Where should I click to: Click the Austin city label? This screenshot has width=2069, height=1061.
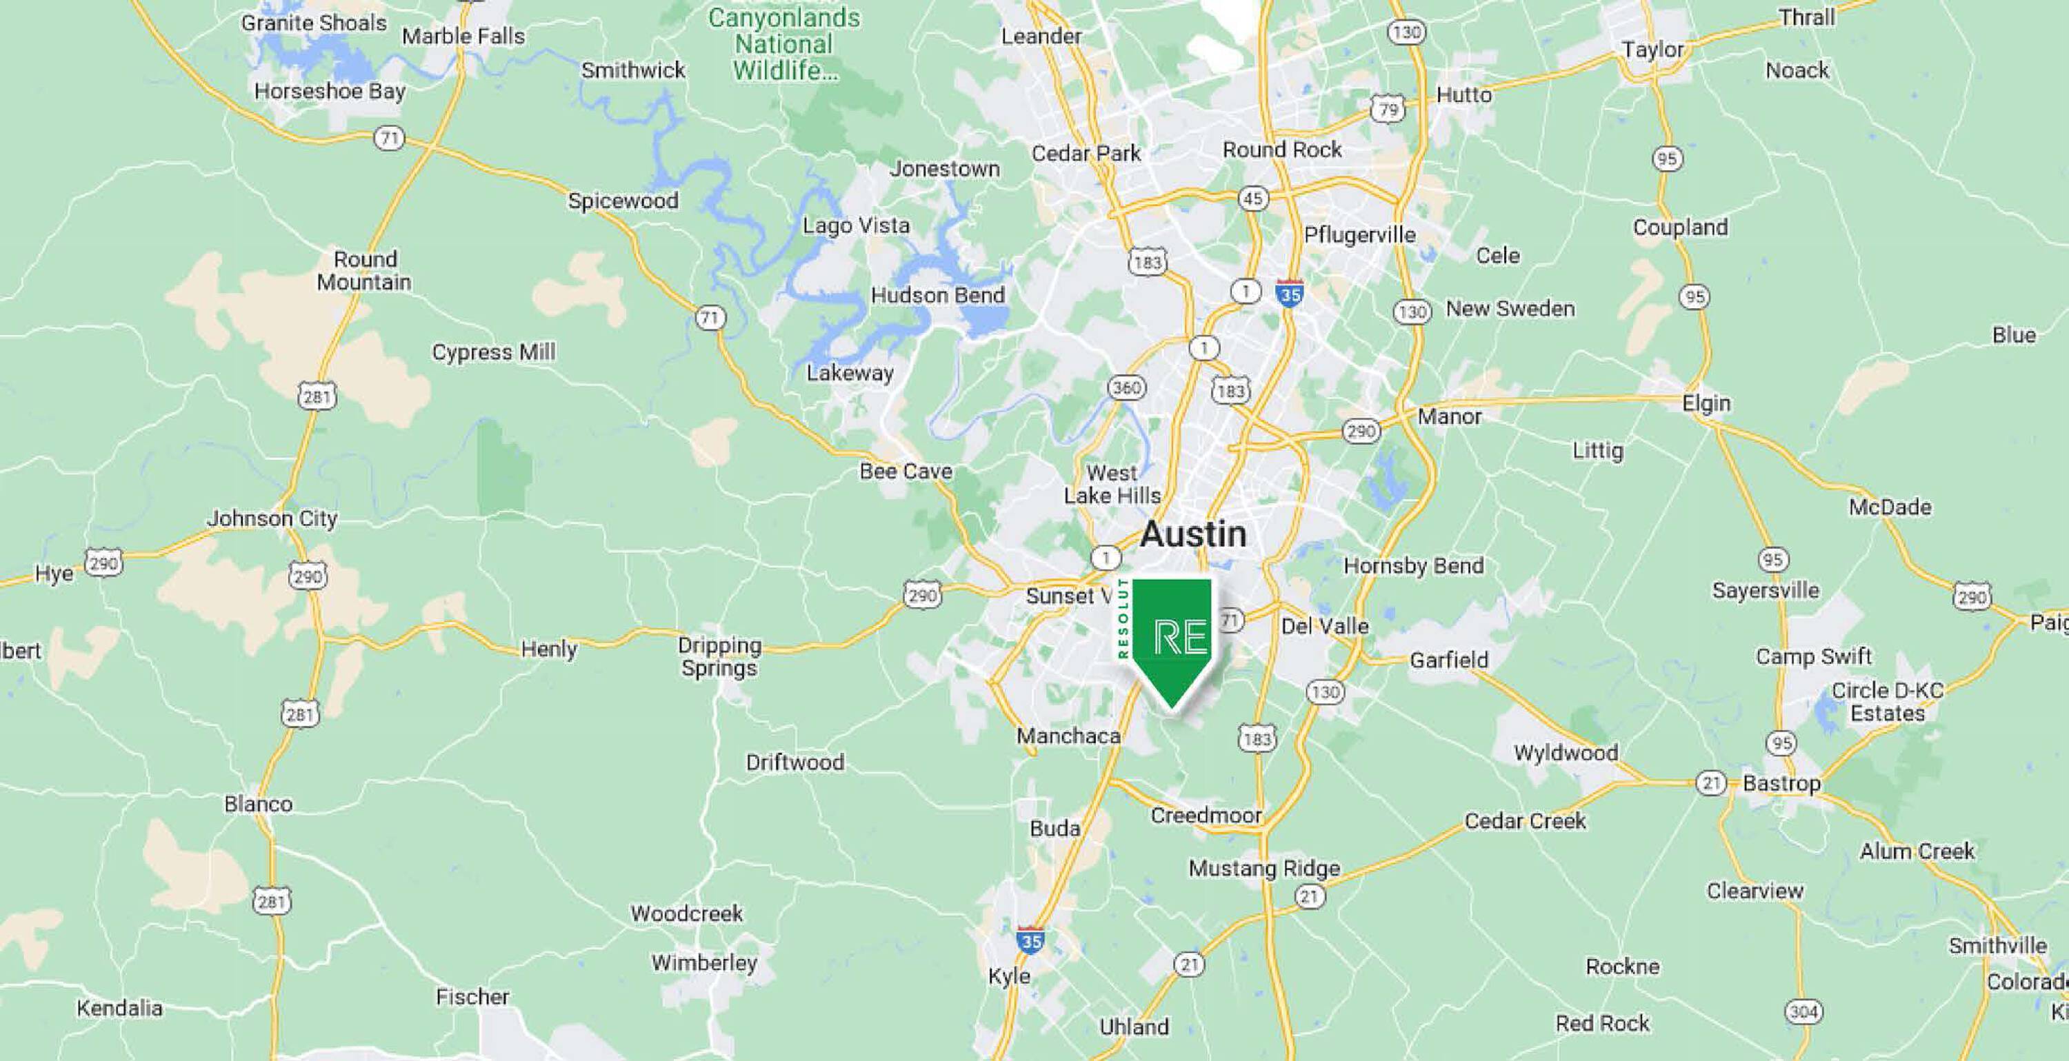pyautogui.click(x=1194, y=534)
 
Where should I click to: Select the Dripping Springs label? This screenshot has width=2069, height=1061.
pyautogui.click(x=719, y=656)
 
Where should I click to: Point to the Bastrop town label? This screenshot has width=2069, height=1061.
pyautogui.click(x=1781, y=783)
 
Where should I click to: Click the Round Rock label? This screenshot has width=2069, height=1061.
pyautogui.click(x=1282, y=150)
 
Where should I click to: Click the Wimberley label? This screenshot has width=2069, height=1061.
pyautogui.click(x=704, y=962)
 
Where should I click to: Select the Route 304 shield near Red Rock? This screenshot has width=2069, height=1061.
pyautogui.click(x=1803, y=1011)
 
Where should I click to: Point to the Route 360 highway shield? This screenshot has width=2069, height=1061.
pyautogui.click(x=1126, y=388)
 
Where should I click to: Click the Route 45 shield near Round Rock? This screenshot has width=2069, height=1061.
pyautogui.click(x=1253, y=198)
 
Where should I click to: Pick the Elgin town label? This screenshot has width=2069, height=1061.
pyautogui.click(x=1706, y=403)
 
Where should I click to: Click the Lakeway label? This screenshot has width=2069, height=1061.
pyautogui.click(x=850, y=373)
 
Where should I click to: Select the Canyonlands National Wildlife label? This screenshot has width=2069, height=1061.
pyautogui.click(x=784, y=44)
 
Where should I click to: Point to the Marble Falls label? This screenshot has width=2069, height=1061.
pyautogui.click(x=463, y=36)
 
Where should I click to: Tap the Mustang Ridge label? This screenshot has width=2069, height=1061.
pyautogui.click(x=1264, y=868)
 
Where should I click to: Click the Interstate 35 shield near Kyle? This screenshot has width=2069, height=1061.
pyautogui.click(x=1030, y=940)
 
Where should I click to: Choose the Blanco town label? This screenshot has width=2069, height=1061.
pyautogui.click(x=259, y=803)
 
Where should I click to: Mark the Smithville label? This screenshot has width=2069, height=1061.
pyautogui.click(x=1997, y=945)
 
